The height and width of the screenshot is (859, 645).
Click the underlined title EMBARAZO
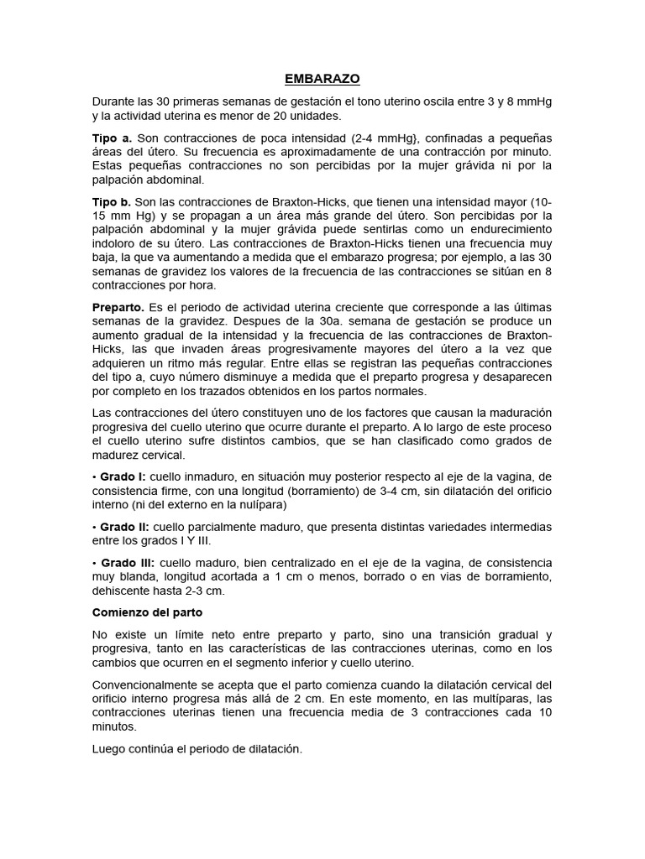point(322,79)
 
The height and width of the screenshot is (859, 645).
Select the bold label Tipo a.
point(112,138)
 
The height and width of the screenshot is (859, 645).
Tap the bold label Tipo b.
point(112,202)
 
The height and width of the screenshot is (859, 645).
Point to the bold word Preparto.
point(118,308)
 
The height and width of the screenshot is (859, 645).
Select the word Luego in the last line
point(109,748)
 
